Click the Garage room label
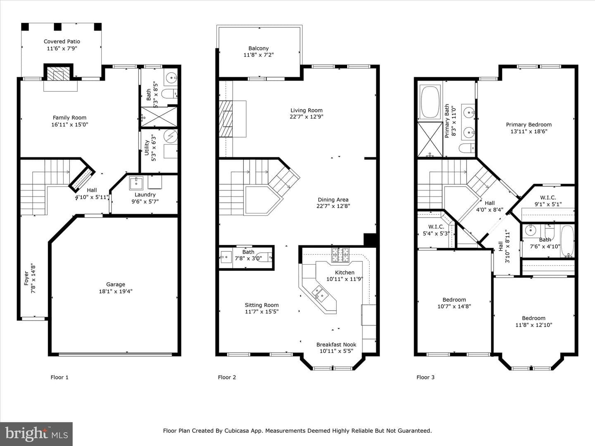click(115, 285)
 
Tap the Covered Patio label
click(62, 41)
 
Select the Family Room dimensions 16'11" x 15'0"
click(70, 125)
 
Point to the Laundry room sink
click(136, 183)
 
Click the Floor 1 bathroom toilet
click(169, 94)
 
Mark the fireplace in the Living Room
click(226, 119)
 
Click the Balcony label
click(258, 48)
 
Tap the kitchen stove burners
click(340, 255)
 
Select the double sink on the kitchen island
click(320, 294)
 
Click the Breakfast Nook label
click(336, 344)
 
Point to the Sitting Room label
click(262, 305)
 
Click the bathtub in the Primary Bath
click(430, 102)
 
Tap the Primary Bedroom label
click(528, 125)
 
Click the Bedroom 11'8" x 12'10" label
click(533, 321)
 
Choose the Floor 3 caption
click(425, 377)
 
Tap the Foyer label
click(26, 278)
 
